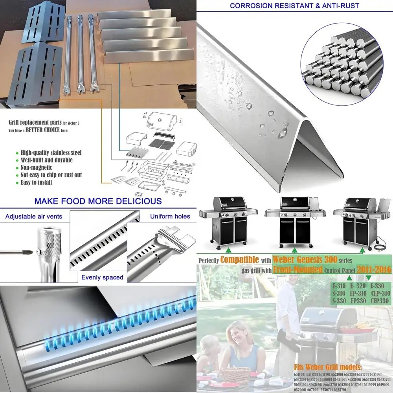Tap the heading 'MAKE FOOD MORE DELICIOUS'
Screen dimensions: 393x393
tap(98, 201)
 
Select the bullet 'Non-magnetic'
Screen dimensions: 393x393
tap(36, 167)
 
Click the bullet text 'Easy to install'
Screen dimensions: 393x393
tap(36, 182)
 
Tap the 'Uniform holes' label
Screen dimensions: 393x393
tap(170, 216)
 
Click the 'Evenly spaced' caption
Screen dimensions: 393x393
tap(102, 277)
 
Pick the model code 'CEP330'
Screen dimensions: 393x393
tap(378, 301)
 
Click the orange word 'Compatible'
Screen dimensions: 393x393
tap(239, 259)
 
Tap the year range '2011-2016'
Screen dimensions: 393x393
tap(374, 269)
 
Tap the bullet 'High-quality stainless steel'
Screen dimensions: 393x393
tap(51, 152)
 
